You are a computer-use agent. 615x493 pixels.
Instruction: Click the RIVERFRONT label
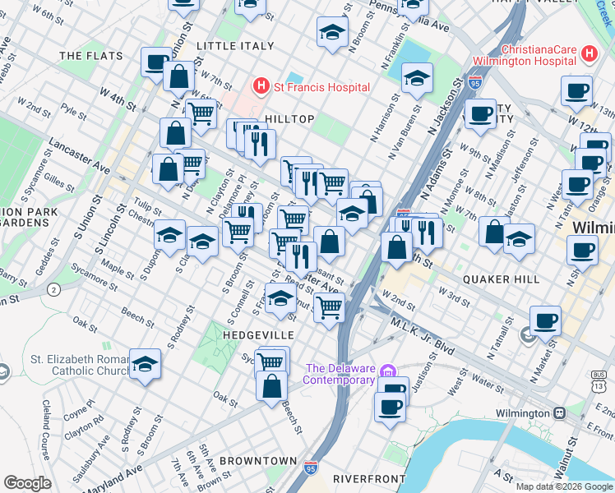pyautogui.click(x=369, y=478)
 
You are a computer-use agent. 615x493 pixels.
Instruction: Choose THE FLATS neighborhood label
pyautogui.click(x=91, y=56)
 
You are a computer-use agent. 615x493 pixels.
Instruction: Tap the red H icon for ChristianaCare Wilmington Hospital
pyautogui.click(x=588, y=54)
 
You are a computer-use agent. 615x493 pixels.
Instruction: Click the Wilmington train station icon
pyautogui.click(x=559, y=412)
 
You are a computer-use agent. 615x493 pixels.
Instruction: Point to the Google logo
pyautogui.click(x=27, y=483)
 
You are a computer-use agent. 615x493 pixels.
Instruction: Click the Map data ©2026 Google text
pyautogui.click(x=564, y=486)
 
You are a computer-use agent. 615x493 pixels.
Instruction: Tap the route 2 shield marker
pyautogui.click(x=54, y=289)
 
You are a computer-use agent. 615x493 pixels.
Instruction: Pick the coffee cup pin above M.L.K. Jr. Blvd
pyautogui.click(x=545, y=320)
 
